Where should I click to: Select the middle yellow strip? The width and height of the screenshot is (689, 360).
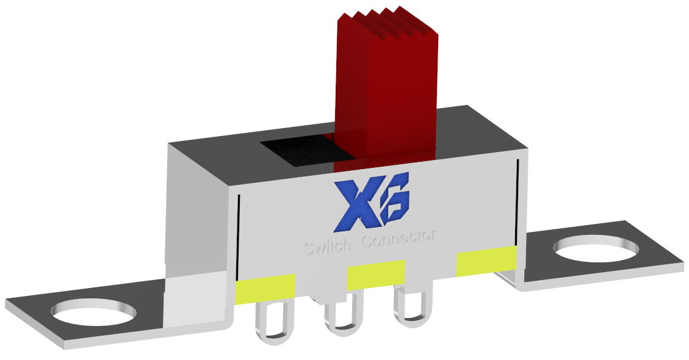376,274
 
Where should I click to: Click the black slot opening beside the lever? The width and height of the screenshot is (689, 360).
297,151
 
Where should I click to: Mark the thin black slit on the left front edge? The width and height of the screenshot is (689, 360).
238,238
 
